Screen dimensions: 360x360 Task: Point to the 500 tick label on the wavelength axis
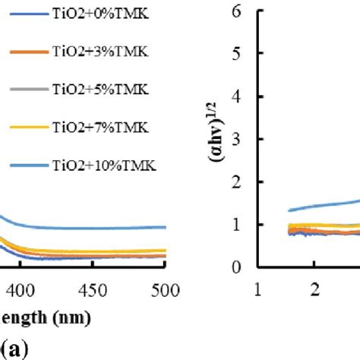165,289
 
